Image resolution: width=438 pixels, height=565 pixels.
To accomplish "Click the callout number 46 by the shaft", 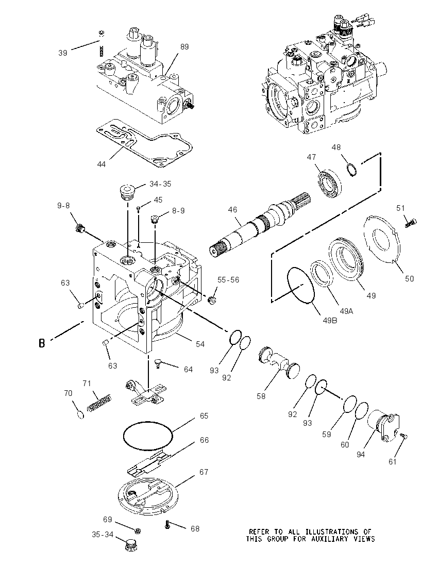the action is [233, 209].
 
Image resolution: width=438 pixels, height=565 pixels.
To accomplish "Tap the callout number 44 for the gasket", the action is [102, 164].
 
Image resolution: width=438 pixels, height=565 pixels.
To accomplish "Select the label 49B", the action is [330, 320].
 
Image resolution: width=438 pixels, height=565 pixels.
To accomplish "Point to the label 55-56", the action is [228, 279].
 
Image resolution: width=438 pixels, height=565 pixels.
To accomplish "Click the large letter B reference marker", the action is [42, 343].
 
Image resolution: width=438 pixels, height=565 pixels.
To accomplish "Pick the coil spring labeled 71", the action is [100, 403].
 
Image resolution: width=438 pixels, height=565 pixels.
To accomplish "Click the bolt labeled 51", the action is [411, 223].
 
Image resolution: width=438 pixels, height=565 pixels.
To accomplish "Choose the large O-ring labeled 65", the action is [148, 435].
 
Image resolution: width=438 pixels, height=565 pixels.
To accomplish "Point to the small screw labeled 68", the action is [167, 525].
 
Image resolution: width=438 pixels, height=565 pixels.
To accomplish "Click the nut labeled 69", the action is [137, 531].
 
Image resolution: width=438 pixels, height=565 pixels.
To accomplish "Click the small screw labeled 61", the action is [404, 437].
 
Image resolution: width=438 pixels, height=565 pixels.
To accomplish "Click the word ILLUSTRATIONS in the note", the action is [334, 531].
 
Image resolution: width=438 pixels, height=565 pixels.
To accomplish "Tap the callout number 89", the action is [184, 47].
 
